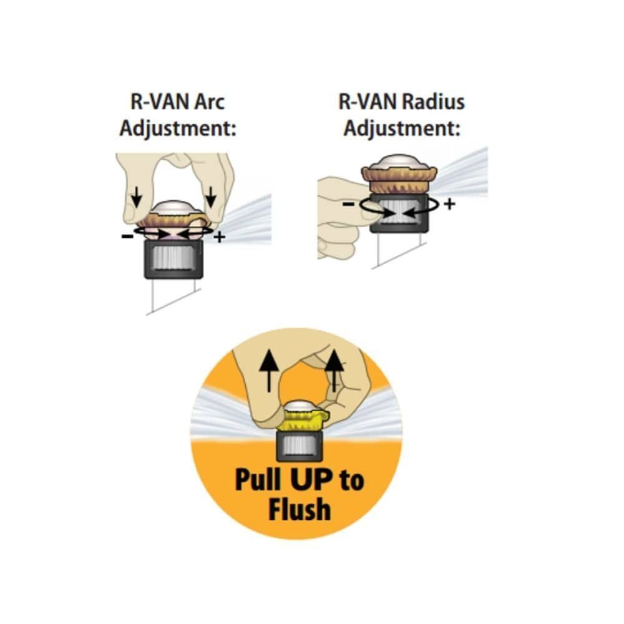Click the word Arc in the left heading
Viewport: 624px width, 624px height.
[210, 102]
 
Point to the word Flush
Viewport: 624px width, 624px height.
[300, 509]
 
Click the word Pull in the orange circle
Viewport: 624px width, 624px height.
[258, 479]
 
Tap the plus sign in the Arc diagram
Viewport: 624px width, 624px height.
[220, 238]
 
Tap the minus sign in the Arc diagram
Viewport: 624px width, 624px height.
[127, 236]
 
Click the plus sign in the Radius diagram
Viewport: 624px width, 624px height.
[449, 204]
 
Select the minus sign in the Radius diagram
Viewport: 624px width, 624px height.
[348, 204]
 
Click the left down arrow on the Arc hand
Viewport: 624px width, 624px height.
[137, 197]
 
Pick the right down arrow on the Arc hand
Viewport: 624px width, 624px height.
[210, 197]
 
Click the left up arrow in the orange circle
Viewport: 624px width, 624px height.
[269, 371]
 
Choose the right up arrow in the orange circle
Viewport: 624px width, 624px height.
[334, 371]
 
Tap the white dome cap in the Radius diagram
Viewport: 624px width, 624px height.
[399, 162]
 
